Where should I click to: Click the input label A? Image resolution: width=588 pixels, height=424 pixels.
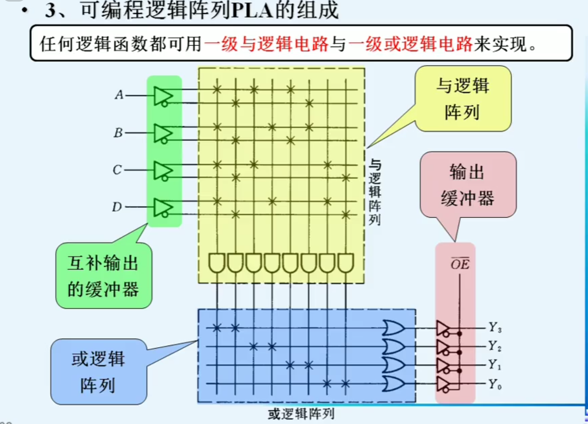click(x=119, y=95)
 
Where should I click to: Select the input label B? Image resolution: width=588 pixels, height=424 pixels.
click(x=118, y=133)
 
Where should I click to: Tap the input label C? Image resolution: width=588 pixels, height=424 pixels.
click(x=117, y=170)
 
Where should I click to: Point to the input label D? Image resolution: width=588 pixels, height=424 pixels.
click(x=117, y=207)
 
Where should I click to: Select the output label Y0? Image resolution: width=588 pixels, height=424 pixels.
click(x=495, y=384)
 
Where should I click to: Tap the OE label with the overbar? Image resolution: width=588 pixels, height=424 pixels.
click(x=460, y=264)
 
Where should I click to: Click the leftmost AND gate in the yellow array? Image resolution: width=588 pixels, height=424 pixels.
click(x=216, y=263)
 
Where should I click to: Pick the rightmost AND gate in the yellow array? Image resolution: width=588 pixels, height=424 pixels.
click(x=345, y=263)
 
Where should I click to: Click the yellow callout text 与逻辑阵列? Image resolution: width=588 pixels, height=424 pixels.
click(x=463, y=99)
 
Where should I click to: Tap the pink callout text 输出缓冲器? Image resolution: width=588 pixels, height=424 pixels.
click(x=467, y=185)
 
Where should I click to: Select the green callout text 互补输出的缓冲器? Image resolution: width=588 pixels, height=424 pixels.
click(x=103, y=276)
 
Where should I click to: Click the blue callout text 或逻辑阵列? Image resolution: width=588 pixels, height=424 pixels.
click(x=98, y=372)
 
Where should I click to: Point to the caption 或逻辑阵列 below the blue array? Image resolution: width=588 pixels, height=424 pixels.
click(x=301, y=414)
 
